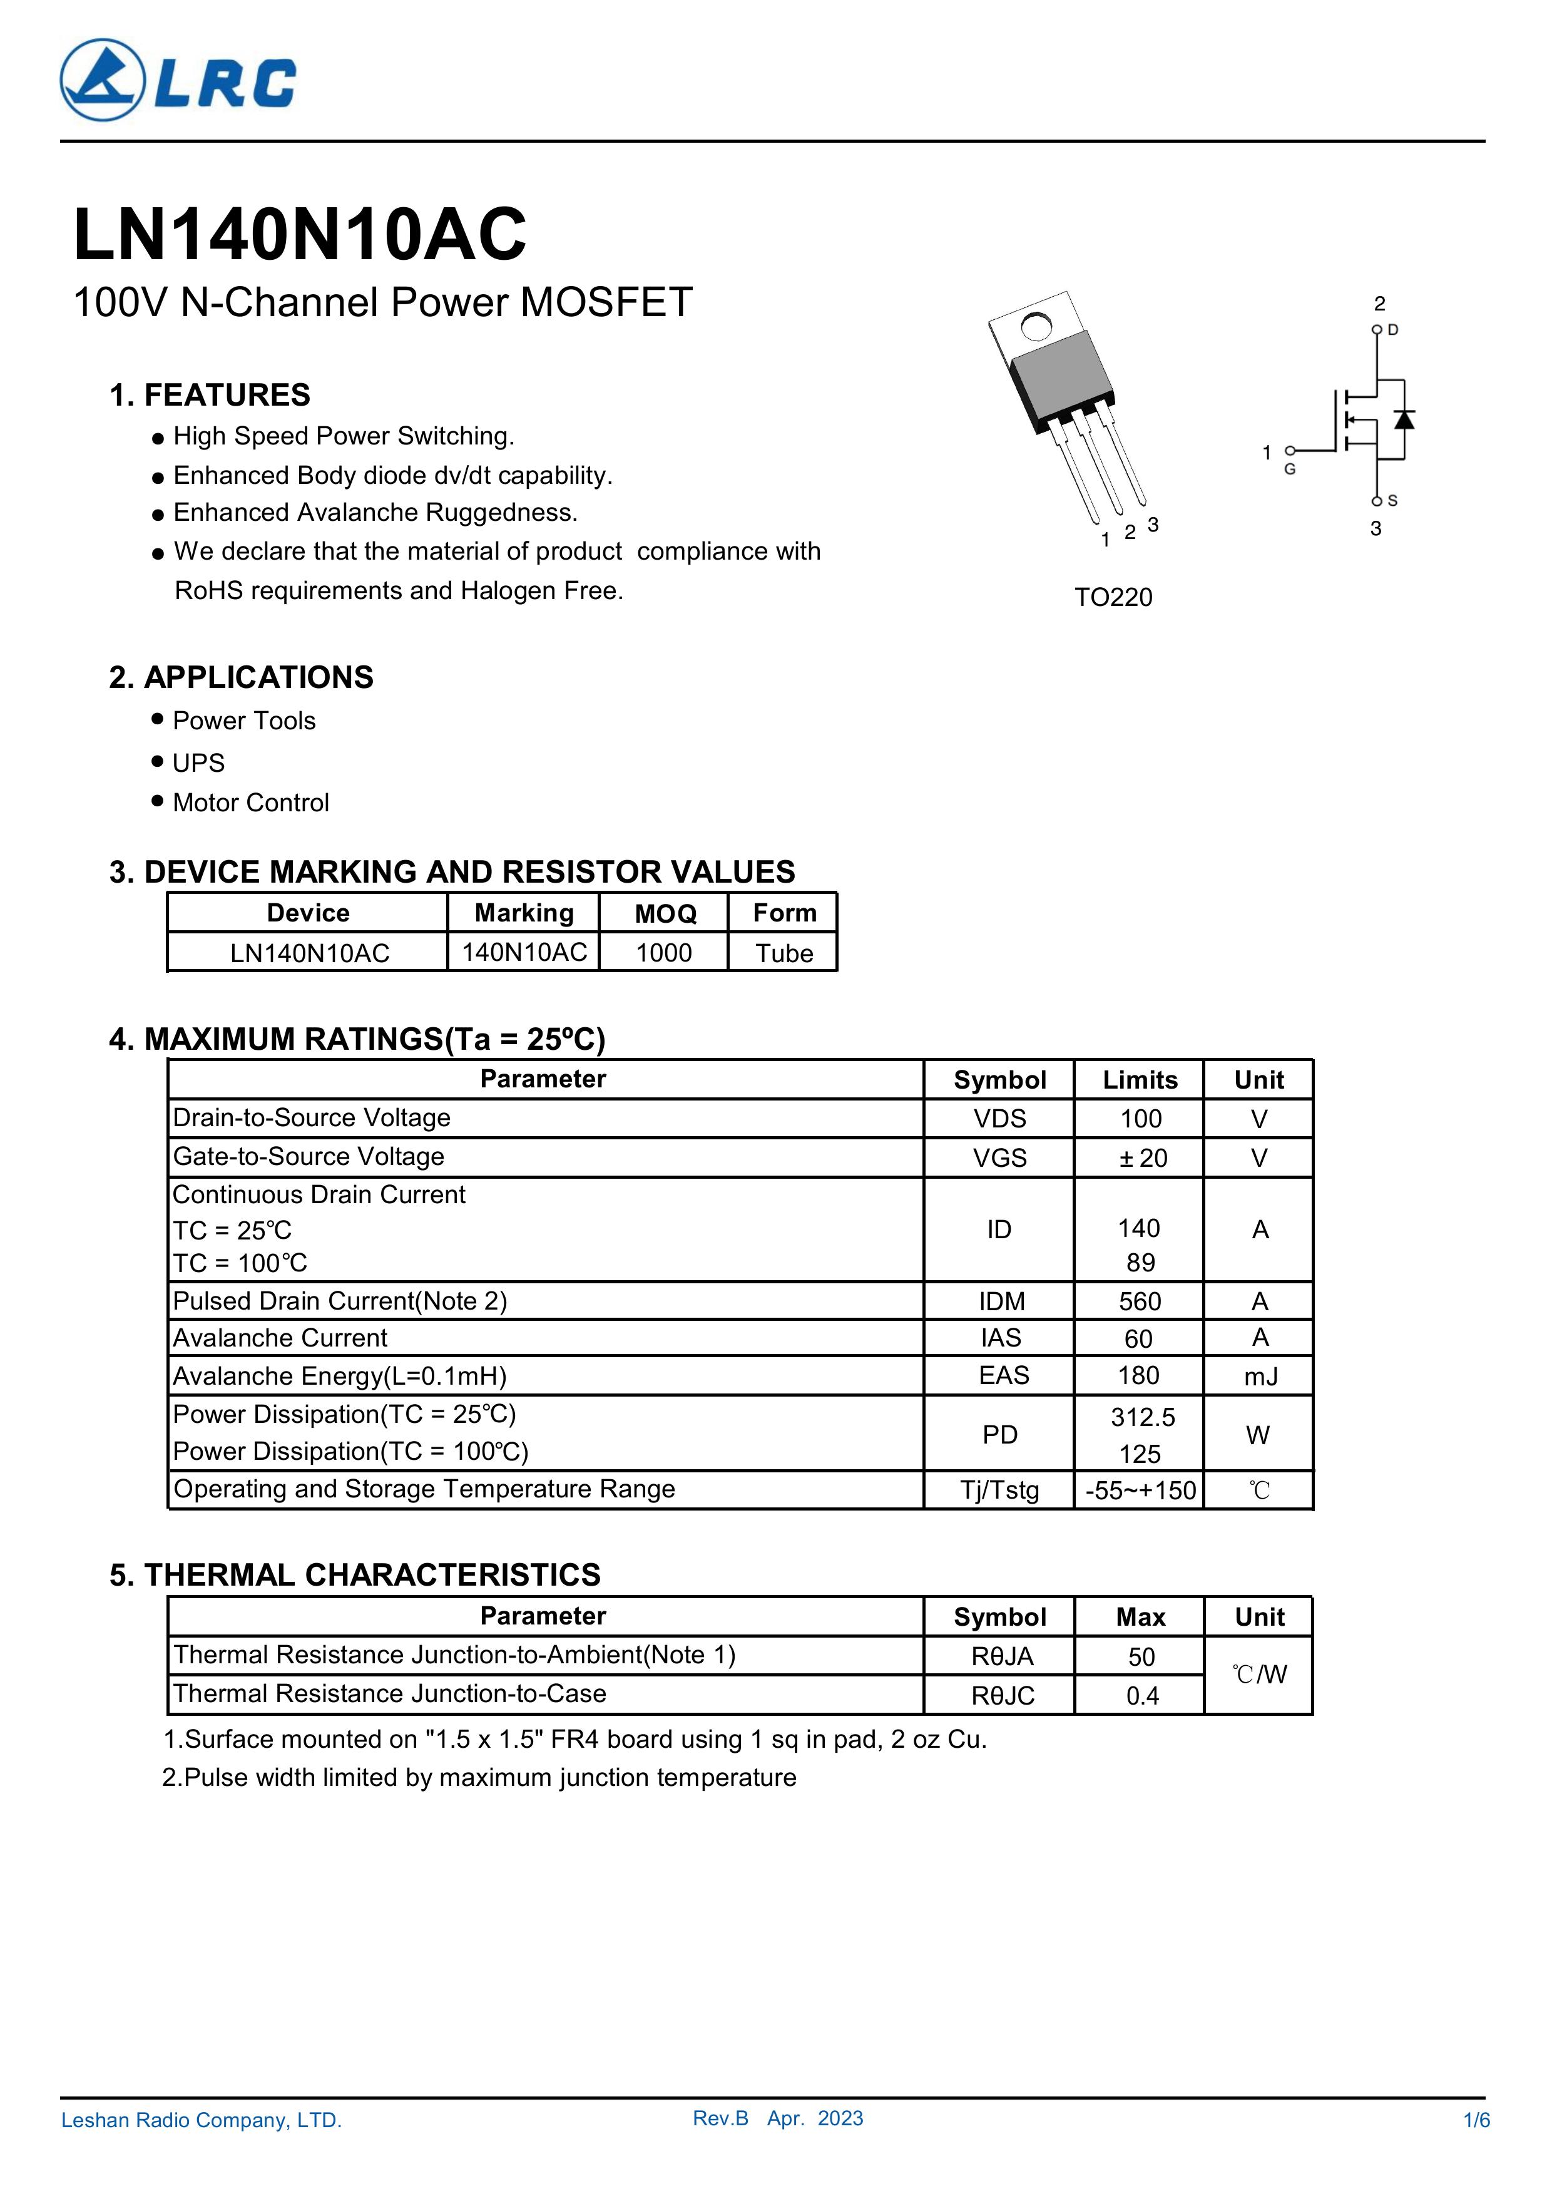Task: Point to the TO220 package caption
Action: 1113,598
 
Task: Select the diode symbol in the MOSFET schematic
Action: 1404,419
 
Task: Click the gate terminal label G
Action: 1290,469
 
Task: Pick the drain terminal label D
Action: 1393,330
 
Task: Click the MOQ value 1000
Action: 663,953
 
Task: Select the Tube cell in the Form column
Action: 784,953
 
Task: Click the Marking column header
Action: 524,913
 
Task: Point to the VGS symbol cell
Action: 999,1158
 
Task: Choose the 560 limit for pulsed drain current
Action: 1140,1301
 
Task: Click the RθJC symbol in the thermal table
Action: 1002,1696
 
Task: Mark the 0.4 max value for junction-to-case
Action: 1141,1696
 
